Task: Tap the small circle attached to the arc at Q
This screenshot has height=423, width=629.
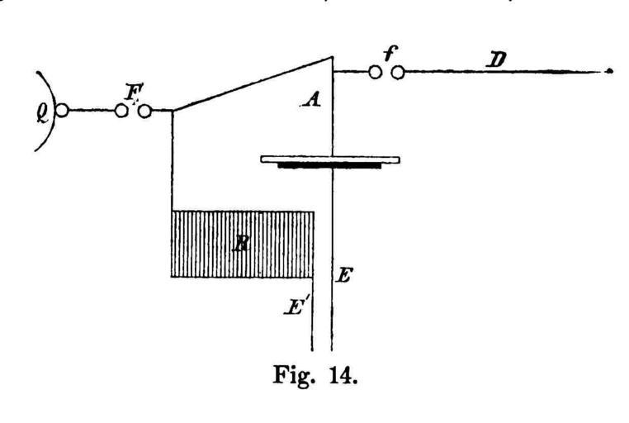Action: coord(61,110)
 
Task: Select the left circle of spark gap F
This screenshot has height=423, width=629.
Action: coord(122,110)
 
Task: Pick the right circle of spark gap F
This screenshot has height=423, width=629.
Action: coord(145,110)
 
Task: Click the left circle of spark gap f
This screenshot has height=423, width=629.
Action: coord(375,73)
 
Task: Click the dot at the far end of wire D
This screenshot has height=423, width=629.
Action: coord(609,73)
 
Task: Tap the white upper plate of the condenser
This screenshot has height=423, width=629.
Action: coord(330,159)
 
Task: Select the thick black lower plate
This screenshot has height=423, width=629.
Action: coord(329,166)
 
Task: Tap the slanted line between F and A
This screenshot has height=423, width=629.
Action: coord(252,83)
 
